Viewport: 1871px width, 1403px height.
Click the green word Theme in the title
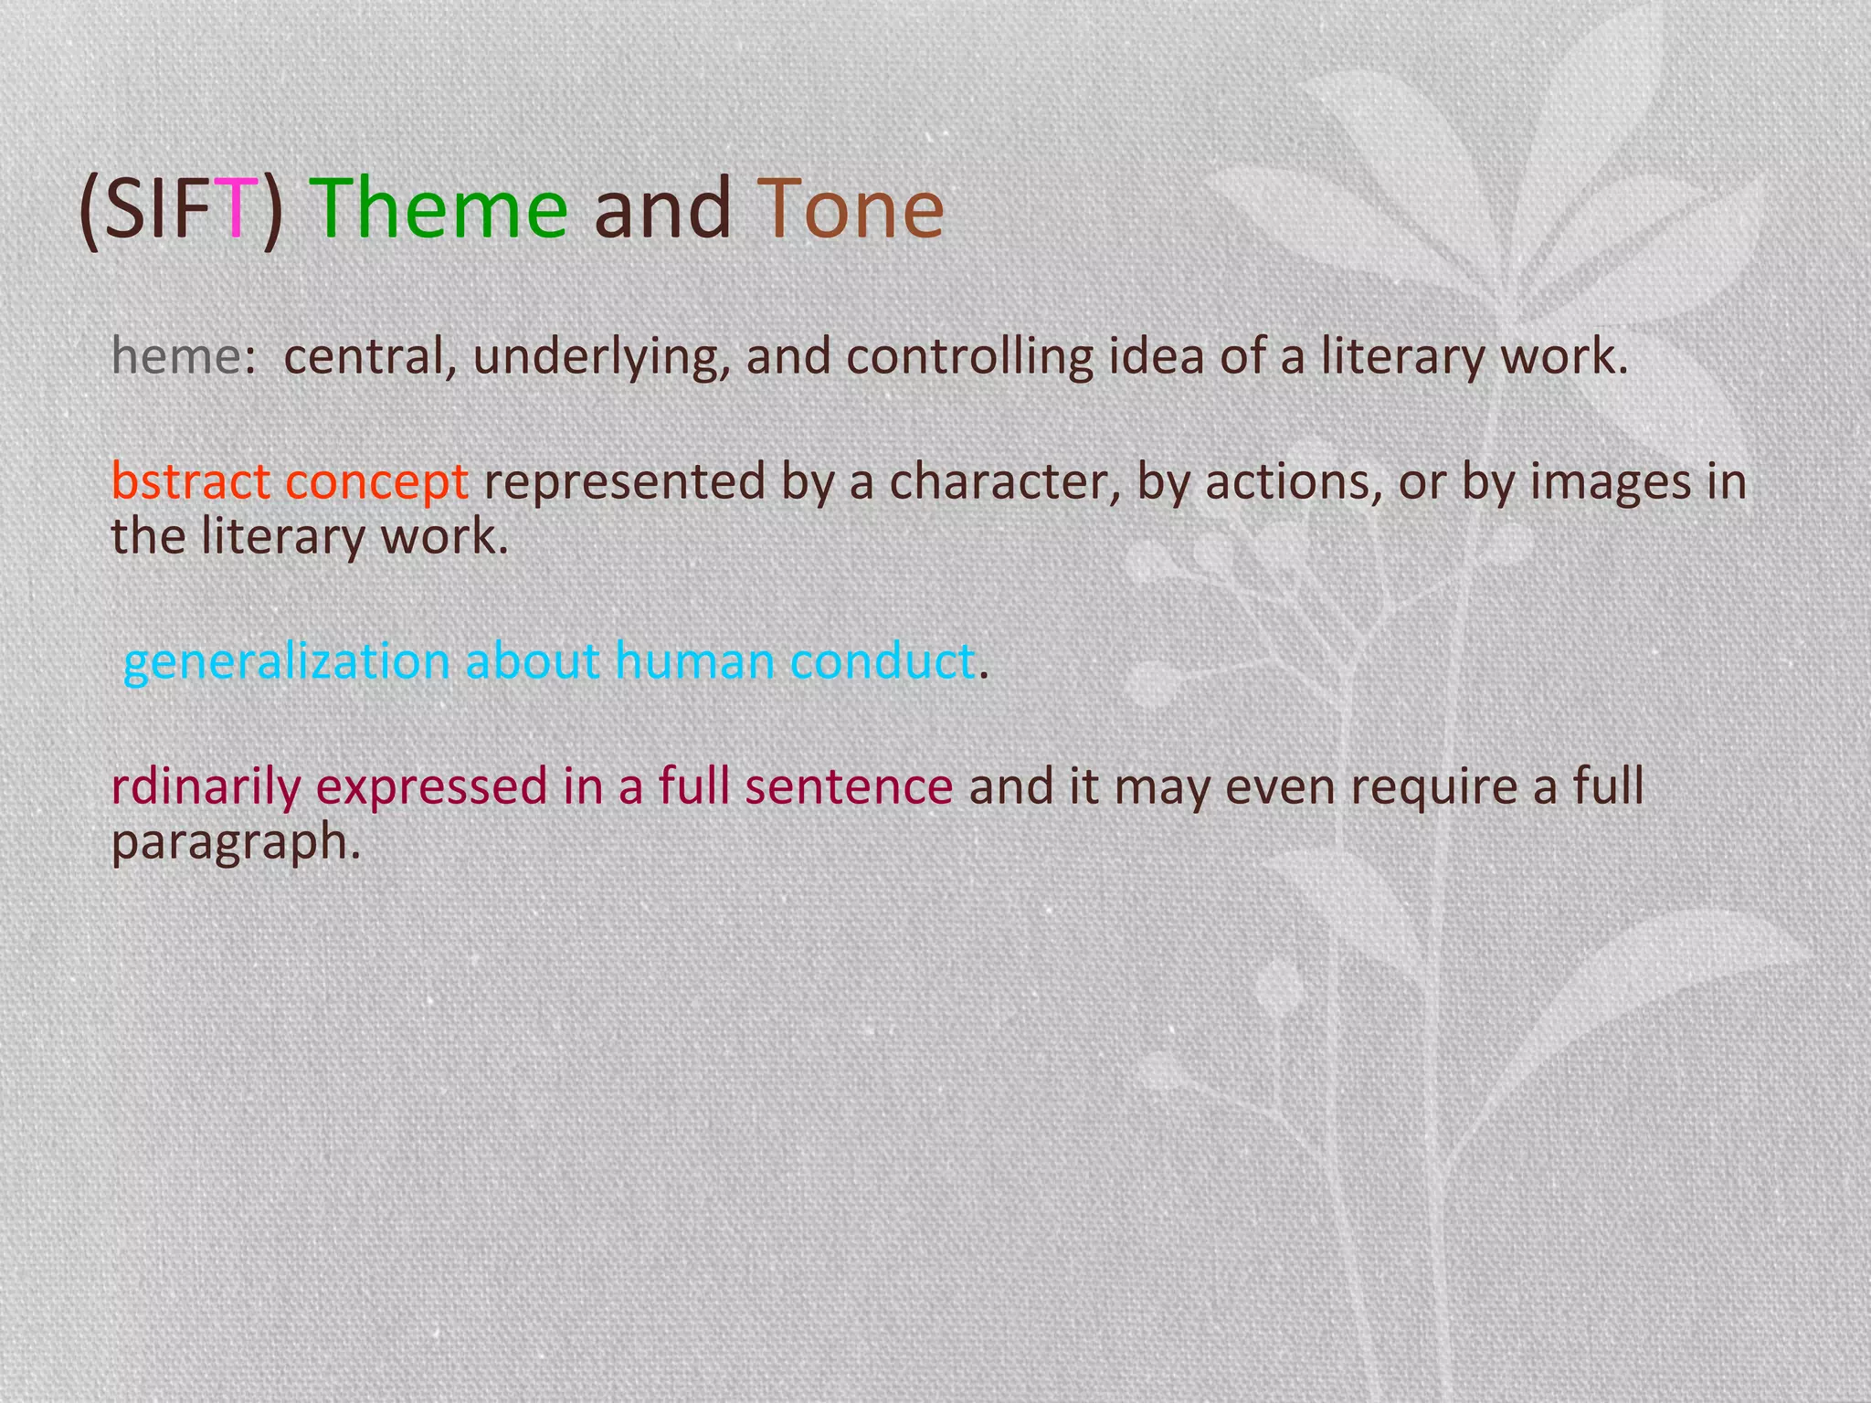pyautogui.click(x=439, y=210)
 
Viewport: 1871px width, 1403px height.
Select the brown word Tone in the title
pyautogui.click(x=850, y=210)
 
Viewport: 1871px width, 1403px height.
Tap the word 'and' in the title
pyautogui.click(x=662, y=210)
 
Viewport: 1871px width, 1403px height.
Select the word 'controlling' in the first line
pyautogui.click(x=969, y=356)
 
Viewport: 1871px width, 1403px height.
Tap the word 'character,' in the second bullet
pyautogui.click(x=1005, y=481)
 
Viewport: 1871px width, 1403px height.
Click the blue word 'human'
pyautogui.click(x=694, y=659)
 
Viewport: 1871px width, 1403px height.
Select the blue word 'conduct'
pyautogui.click(x=882, y=659)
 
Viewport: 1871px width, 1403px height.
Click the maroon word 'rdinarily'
pyautogui.click(x=206, y=786)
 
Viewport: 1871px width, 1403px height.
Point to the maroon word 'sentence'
pyautogui.click(x=849, y=786)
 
